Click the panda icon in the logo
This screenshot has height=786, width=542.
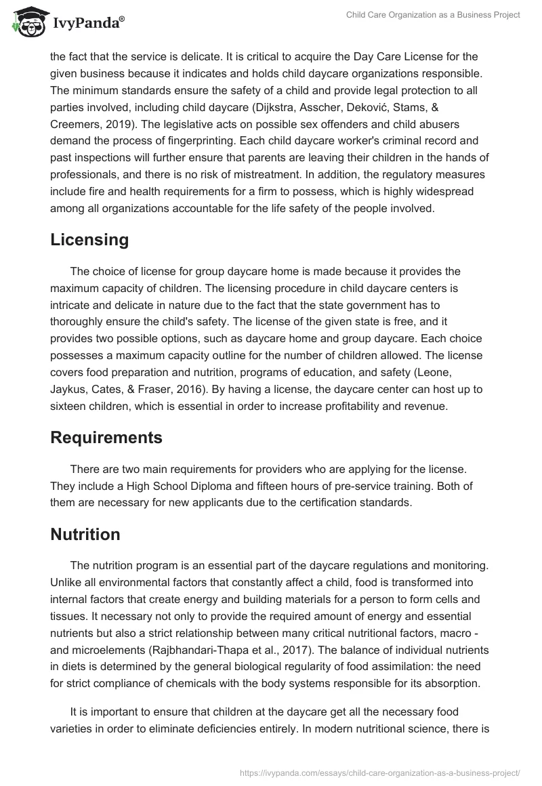[x=25, y=23]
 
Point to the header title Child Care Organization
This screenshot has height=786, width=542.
[x=433, y=15]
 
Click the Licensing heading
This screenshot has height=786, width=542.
[x=89, y=239]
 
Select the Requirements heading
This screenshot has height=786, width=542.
[x=106, y=437]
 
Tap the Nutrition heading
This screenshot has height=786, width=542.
[x=85, y=535]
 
